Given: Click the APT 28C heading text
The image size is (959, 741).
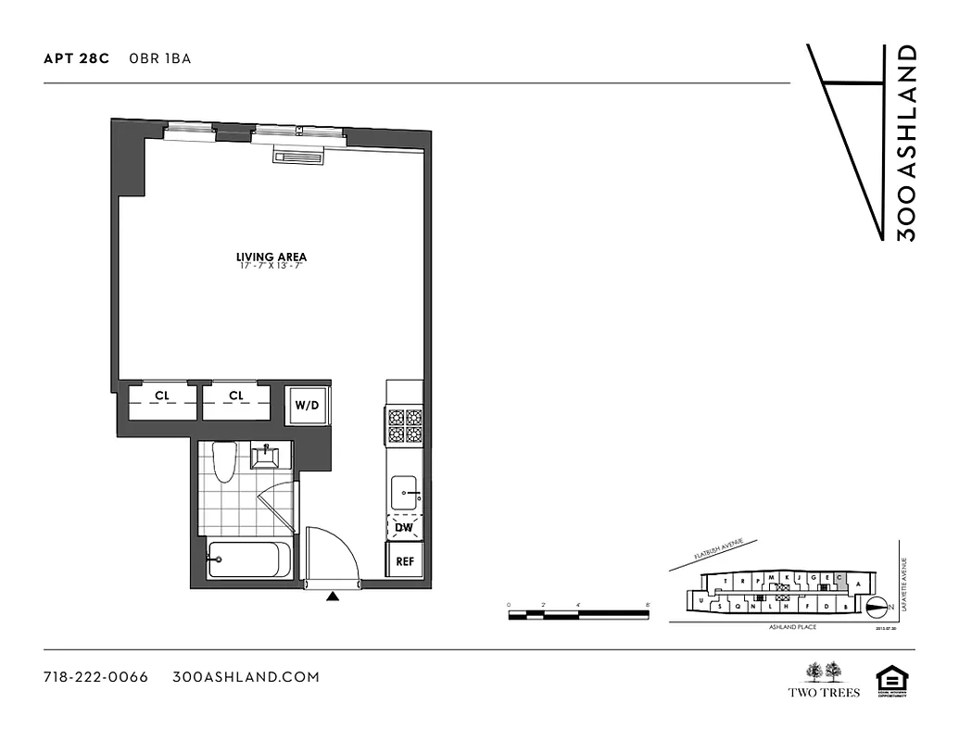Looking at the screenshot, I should [76, 58].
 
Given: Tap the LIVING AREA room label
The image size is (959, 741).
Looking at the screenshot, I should [271, 257].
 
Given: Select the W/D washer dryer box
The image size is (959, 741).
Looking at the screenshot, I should [307, 405].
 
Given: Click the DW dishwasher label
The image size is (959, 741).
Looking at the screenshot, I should [404, 528].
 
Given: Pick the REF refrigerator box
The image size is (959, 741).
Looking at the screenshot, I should [405, 561].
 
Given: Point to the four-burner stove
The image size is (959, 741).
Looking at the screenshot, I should [405, 429].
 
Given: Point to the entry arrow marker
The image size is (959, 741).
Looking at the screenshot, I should [333, 597].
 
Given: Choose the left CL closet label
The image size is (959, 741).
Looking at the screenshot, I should [162, 396].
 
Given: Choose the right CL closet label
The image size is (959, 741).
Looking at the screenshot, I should [236, 396].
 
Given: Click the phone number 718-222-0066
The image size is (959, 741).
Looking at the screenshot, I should [95, 677].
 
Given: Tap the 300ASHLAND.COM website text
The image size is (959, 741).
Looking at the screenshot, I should [246, 677].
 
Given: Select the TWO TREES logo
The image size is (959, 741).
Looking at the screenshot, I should [824, 679].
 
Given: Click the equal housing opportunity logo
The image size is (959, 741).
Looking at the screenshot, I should [890, 679].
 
